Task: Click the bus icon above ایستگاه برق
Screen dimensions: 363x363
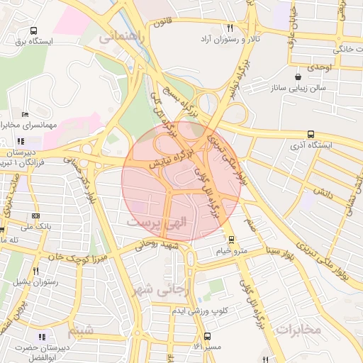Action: click(34, 31)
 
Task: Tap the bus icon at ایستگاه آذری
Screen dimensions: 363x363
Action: click(311, 134)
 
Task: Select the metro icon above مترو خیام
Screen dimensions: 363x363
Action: click(231, 240)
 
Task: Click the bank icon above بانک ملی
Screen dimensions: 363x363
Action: click(35, 216)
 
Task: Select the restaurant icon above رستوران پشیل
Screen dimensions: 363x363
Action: click(35, 270)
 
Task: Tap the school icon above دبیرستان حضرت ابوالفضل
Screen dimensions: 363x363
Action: click(42, 336)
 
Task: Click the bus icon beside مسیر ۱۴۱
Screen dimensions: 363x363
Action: click(207, 336)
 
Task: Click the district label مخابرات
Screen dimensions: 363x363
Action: click(299, 329)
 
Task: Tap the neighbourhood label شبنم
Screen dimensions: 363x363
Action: click(80, 332)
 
